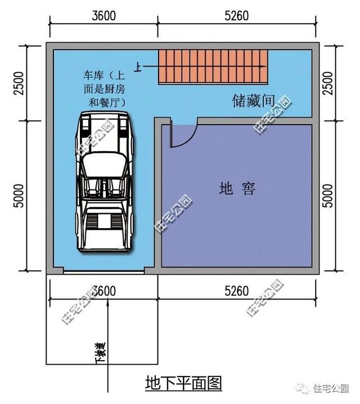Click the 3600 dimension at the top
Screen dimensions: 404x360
click(104, 16)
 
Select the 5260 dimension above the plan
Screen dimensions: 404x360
click(236, 16)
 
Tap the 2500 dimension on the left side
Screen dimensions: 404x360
click(20, 82)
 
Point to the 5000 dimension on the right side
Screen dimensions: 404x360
click(328, 194)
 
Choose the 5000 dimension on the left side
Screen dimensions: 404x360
click(20, 194)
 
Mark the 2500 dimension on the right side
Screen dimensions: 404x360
click(328, 82)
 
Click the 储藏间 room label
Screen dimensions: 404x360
click(254, 101)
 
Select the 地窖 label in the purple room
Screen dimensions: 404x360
click(237, 189)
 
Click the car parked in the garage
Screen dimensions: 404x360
click(103, 182)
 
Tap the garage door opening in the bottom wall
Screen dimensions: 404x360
click(103, 273)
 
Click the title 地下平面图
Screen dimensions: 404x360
click(183, 384)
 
